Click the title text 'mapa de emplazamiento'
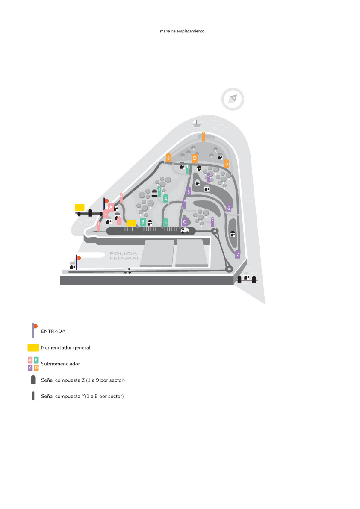(182, 31)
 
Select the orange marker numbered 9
(227, 163)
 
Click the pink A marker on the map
(111, 207)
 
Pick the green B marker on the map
(143, 221)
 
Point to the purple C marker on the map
(185, 221)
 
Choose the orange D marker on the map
(195, 159)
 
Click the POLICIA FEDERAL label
(124, 256)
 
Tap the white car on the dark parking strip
(185, 231)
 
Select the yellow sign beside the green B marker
(131, 223)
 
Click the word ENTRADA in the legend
(53, 331)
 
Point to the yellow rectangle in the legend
(33, 347)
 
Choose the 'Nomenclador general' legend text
(65, 347)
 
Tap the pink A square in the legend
(30, 360)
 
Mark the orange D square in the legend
(36, 368)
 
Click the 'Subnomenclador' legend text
(60, 364)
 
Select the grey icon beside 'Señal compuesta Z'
(33, 380)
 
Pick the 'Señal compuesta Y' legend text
(82, 396)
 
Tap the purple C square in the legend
(30, 368)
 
